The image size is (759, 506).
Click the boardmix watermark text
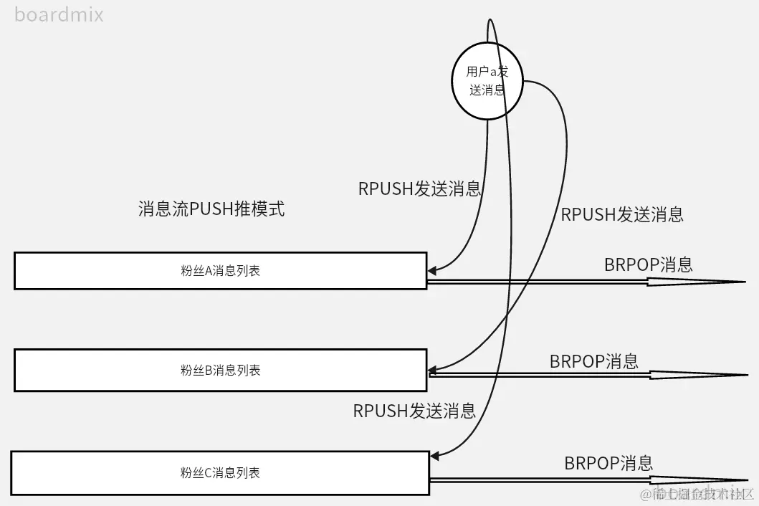(x=59, y=14)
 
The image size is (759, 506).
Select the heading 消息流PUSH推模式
(x=211, y=209)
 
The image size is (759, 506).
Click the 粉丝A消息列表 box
(x=220, y=271)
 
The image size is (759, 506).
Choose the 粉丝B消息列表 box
(x=220, y=370)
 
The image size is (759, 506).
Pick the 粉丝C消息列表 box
(x=219, y=473)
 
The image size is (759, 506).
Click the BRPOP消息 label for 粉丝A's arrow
(x=648, y=264)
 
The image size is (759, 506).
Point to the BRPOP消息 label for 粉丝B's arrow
(x=593, y=361)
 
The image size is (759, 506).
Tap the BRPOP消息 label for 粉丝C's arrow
(x=608, y=463)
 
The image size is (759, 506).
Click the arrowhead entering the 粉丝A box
(x=431, y=271)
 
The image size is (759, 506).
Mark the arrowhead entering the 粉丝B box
(x=432, y=371)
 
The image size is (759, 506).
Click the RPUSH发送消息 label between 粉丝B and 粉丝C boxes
(x=414, y=411)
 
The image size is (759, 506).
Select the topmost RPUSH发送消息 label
(x=419, y=188)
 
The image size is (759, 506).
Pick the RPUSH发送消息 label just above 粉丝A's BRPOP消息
(x=621, y=214)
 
